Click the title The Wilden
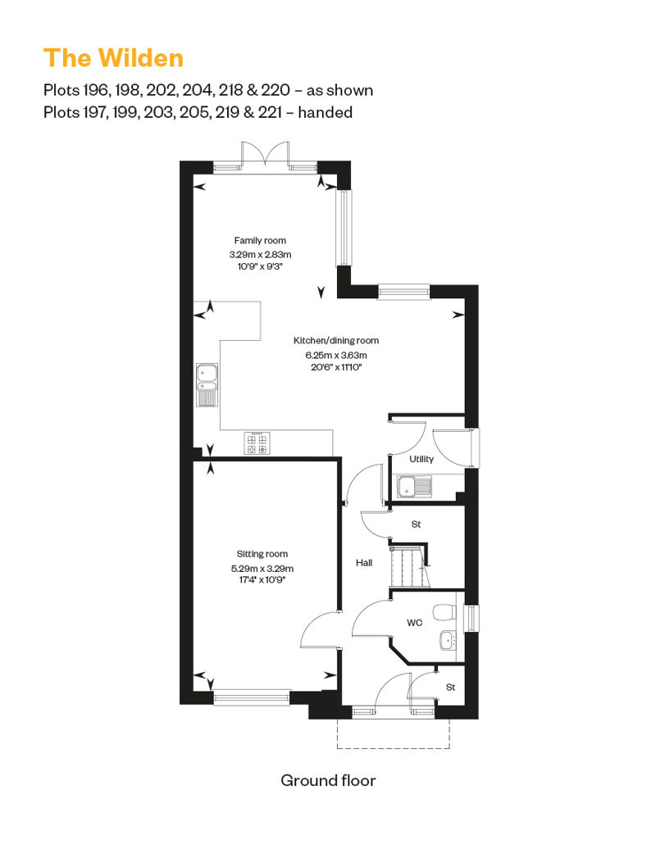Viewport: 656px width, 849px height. click(x=114, y=58)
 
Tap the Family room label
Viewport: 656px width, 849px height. click(x=260, y=240)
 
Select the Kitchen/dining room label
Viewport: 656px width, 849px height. click(x=336, y=341)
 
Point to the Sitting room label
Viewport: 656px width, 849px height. click(x=262, y=554)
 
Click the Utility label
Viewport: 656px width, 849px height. click(x=421, y=459)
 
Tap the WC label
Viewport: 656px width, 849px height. click(x=414, y=623)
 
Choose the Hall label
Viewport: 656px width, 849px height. click(x=364, y=562)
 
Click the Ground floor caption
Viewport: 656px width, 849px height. click(x=328, y=780)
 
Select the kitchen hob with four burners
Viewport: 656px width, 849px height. click(x=257, y=443)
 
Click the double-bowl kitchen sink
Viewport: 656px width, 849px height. click(x=207, y=384)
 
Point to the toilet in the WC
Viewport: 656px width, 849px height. click(x=445, y=611)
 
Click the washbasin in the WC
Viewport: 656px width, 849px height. click(x=449, y=641)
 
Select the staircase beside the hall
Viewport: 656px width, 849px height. click(x=409, y=567)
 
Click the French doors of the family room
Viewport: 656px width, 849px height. click(x=265, y=154)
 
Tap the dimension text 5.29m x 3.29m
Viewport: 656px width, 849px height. click(x=262, y=569)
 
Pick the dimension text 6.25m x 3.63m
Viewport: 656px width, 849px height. click(x=336, y=355)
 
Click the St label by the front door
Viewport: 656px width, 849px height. click(x=451, y=687)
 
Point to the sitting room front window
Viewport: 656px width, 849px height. click(x=253, y=698)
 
